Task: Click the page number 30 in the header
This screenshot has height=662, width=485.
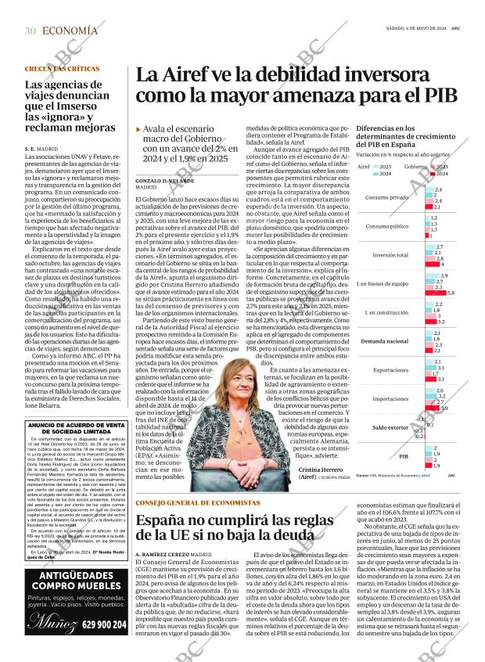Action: tap(31, 31)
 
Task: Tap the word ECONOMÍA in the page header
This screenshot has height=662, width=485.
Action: tap(71, 31)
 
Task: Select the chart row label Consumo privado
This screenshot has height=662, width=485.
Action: tap(386, 197)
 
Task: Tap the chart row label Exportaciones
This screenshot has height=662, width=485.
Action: tap(390, 369)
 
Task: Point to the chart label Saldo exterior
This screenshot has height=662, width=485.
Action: tap(390, 427)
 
